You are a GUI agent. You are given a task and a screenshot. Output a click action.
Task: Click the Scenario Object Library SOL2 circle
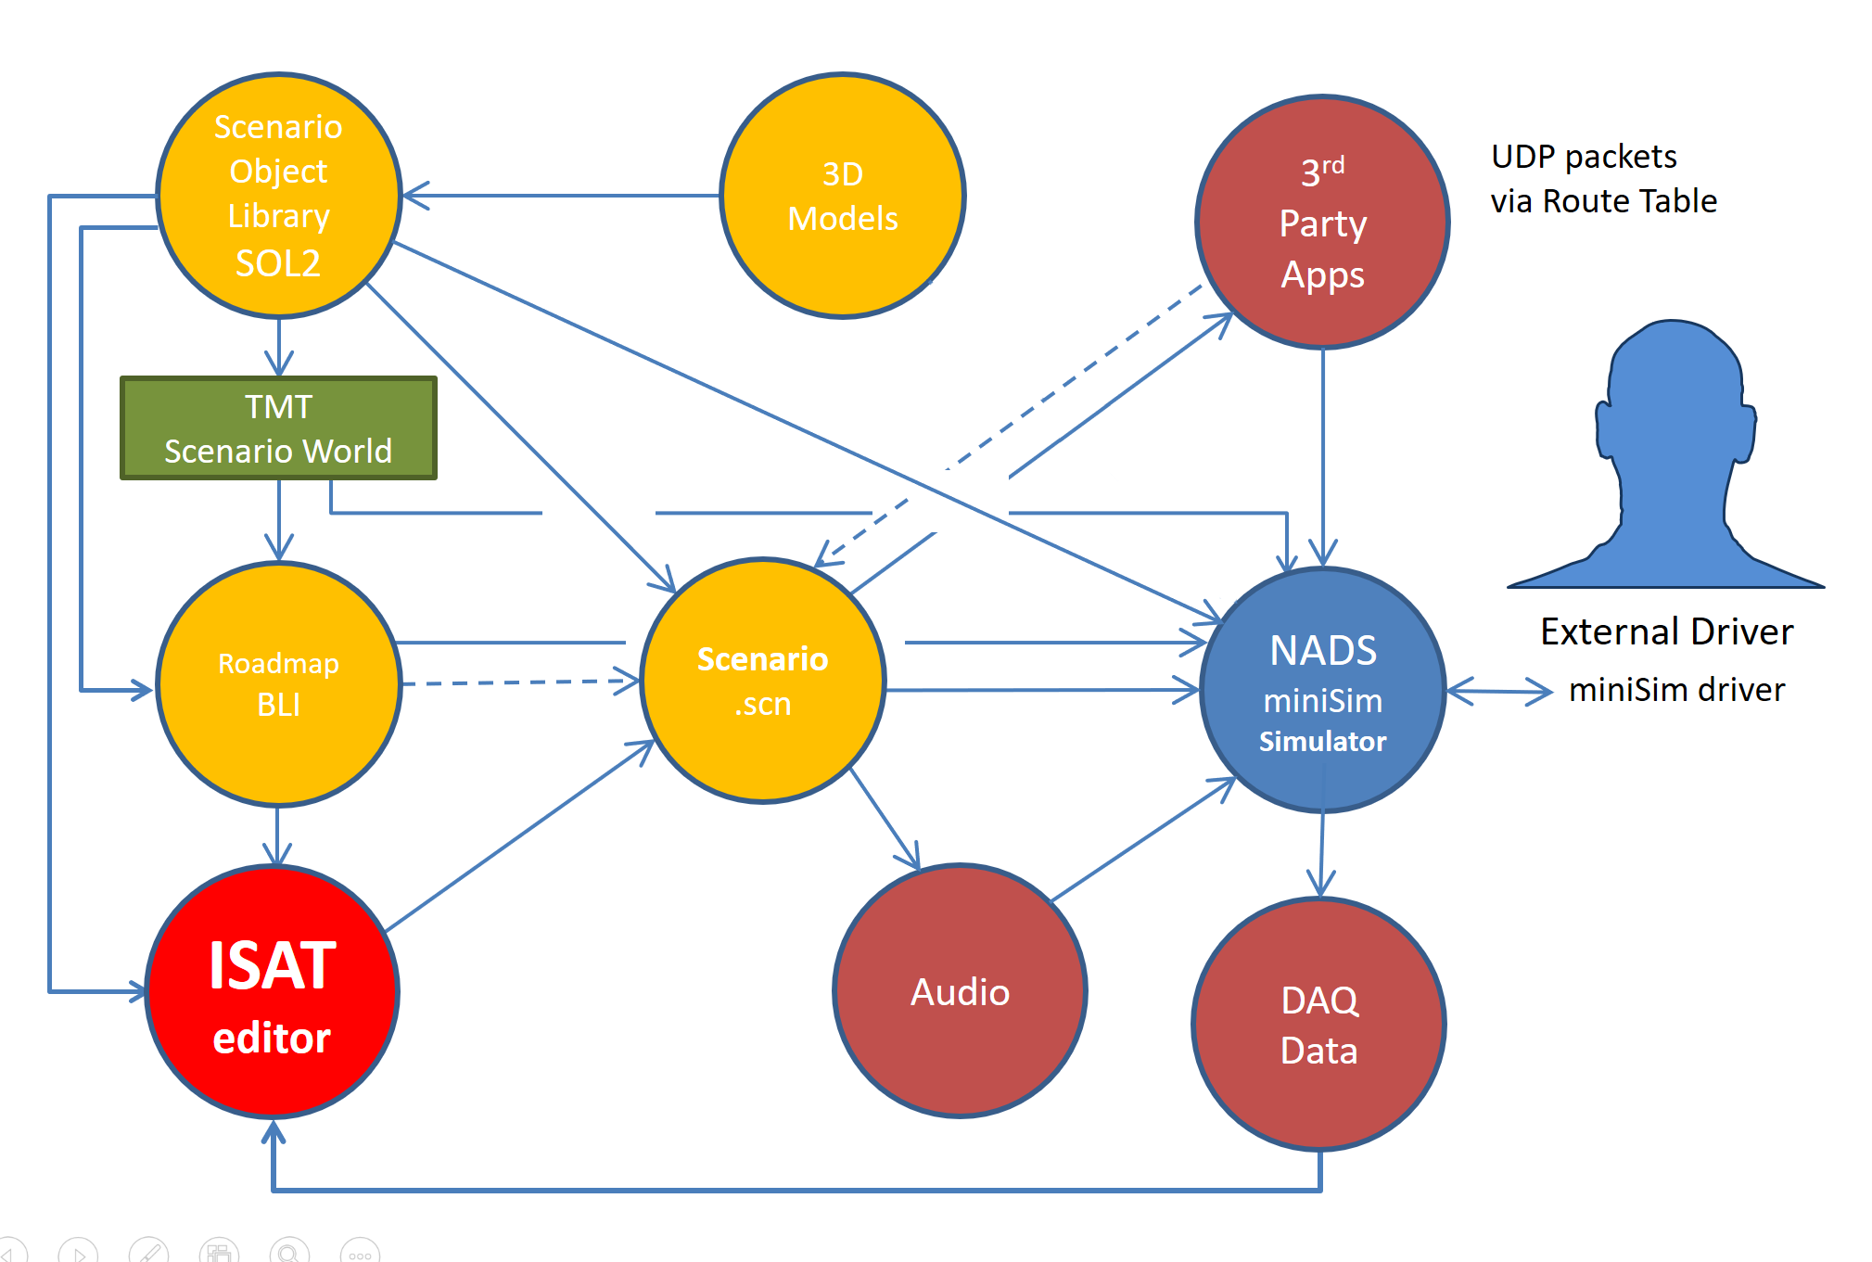278,195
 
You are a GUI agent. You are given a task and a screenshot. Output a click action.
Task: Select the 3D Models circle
842,196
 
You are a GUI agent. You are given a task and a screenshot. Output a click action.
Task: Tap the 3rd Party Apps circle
1322,223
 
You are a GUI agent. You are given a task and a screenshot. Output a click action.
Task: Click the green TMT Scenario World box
278,427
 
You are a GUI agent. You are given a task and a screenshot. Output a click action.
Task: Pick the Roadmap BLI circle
278,684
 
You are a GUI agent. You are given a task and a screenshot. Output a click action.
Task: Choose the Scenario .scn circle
762,681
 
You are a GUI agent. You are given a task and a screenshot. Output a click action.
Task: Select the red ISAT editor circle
272,991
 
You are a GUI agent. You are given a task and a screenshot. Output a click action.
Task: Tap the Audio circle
960,991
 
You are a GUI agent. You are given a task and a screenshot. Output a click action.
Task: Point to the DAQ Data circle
1318,1025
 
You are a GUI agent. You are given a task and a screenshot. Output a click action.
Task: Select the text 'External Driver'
1666,631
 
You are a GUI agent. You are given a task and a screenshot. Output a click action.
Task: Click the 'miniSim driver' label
1676,690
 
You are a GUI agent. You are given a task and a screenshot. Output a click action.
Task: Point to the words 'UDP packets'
1584,157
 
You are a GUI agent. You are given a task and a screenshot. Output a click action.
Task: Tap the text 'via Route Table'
1603,201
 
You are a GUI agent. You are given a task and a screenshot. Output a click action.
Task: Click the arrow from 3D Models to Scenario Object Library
561,196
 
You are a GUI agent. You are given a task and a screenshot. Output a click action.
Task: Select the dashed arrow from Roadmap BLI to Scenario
519,682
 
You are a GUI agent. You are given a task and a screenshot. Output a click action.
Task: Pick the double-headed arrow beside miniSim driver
1498,691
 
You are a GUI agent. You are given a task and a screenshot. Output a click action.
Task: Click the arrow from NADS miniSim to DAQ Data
1321,853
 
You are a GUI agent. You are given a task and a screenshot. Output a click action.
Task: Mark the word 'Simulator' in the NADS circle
1322,742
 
